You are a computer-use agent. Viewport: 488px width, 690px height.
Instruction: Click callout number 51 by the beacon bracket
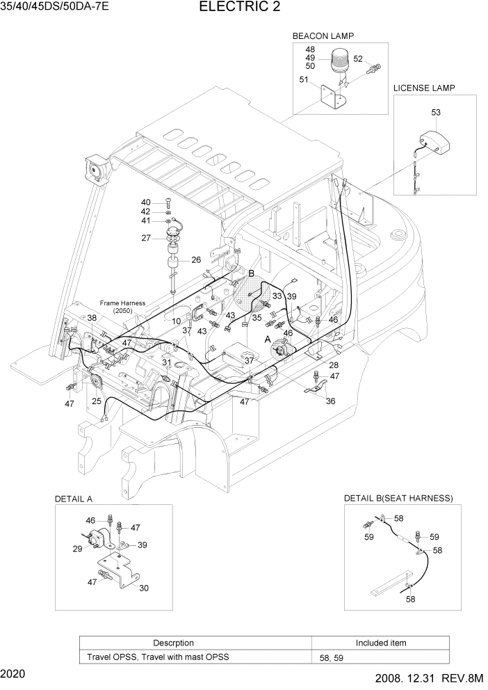(x=304, y=79)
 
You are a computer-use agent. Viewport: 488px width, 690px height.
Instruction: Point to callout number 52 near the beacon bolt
(x=359, y=58)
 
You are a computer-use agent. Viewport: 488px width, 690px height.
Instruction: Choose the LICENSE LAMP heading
(x=424, y=88)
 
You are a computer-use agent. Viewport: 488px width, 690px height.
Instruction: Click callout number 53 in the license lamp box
(x=436, y=111)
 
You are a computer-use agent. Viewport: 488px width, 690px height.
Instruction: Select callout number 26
(x=196, y=260)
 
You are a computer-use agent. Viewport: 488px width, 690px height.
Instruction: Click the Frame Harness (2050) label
(x=120, y=307)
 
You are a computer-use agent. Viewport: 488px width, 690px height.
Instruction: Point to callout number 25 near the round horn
(x=97, y=401)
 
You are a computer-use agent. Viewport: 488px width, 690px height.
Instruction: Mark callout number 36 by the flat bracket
(x=330, y=401)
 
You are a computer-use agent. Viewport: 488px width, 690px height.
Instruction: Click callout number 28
(x=334, y=365)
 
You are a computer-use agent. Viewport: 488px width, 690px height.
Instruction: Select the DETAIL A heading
(x=74, y=499)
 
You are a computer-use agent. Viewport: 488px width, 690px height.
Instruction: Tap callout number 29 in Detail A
(x=77, y=549)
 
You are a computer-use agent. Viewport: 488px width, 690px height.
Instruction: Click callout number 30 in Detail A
(x=143, y=588)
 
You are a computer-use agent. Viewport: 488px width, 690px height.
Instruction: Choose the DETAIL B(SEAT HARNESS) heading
(x=398, y=499)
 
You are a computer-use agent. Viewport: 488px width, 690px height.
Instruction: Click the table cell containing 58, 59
(x=380, y=657)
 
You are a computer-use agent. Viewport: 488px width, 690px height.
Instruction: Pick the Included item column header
(x=380, y=643)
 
